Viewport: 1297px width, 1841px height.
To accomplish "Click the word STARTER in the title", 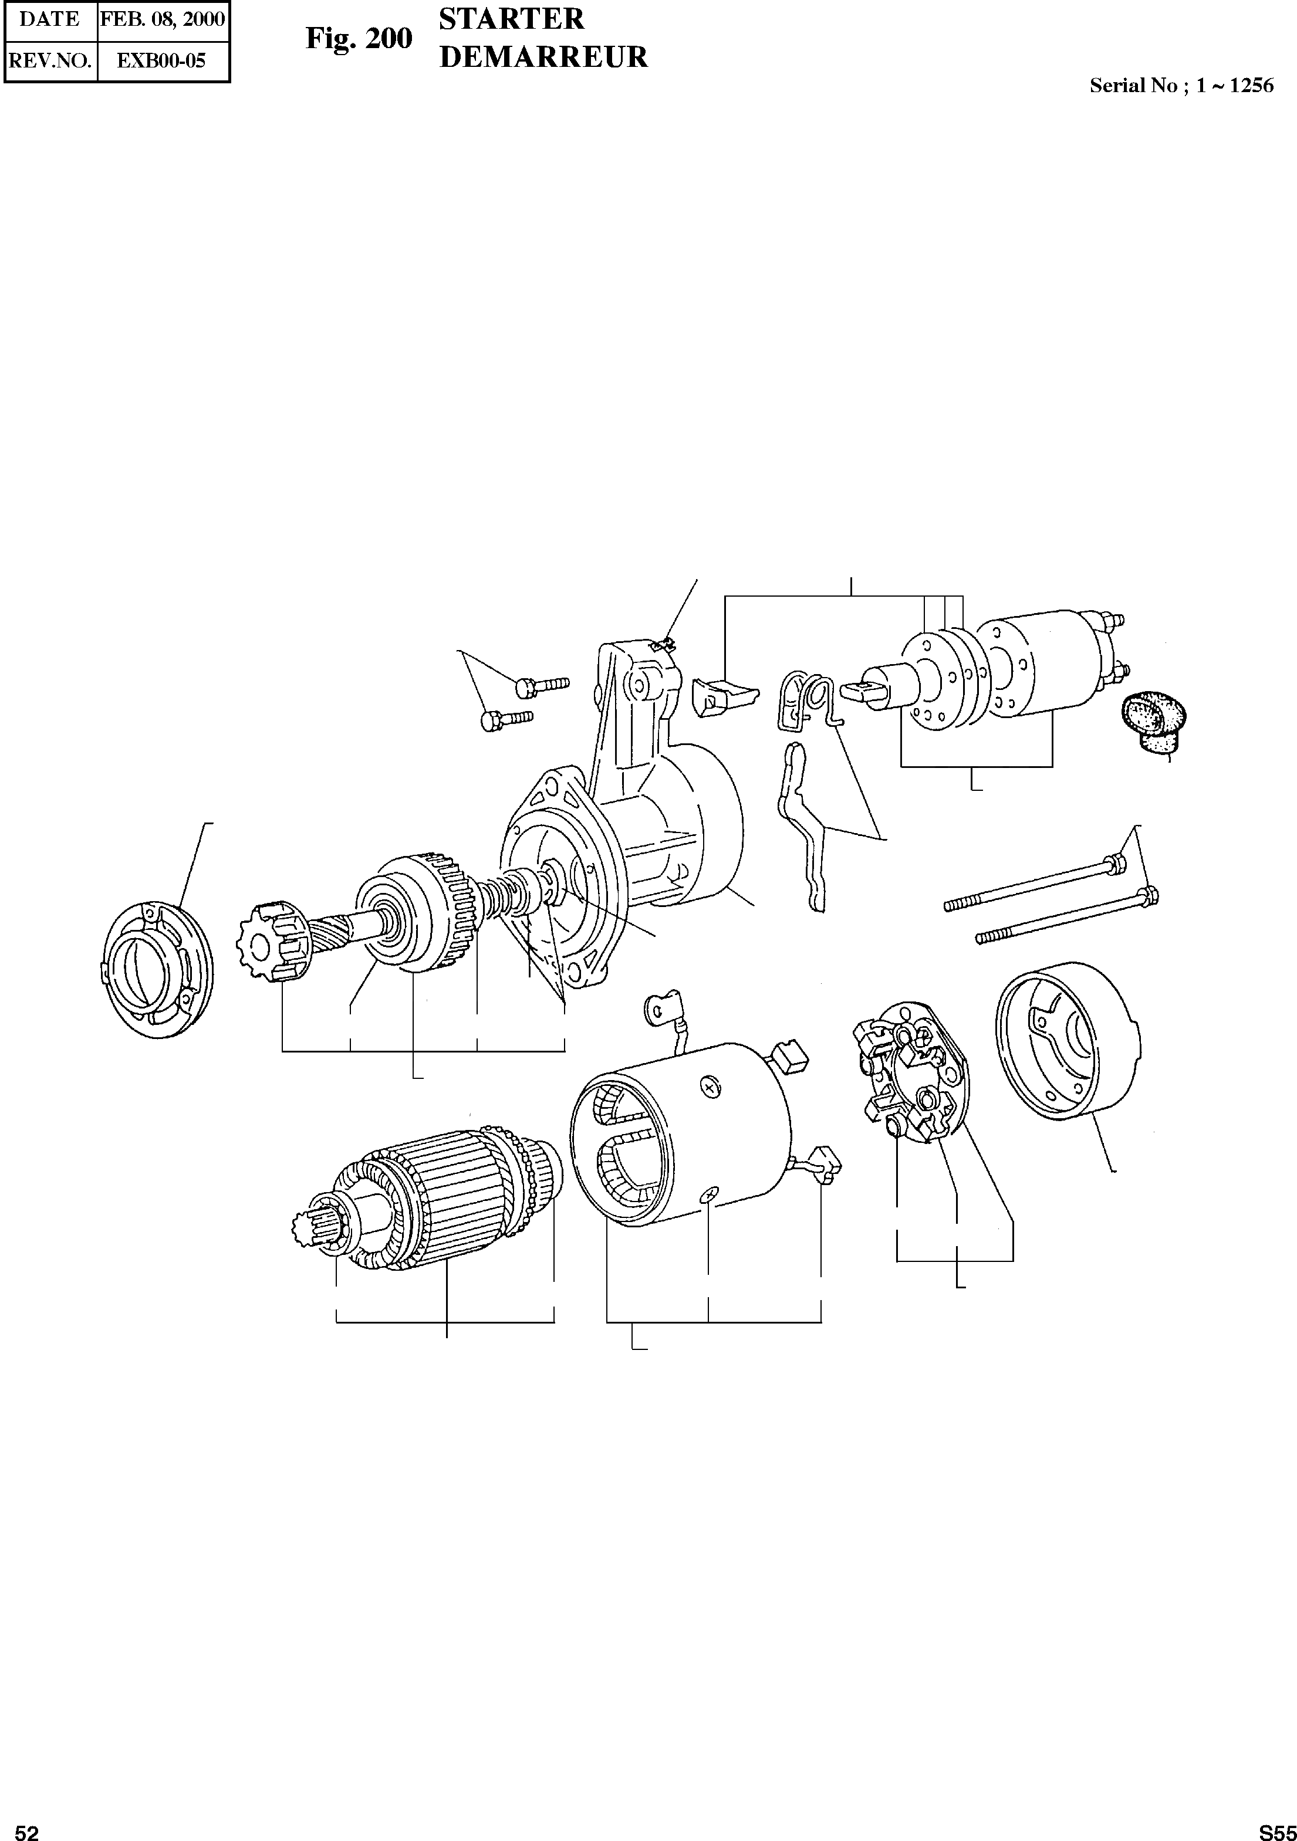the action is coord(512,19).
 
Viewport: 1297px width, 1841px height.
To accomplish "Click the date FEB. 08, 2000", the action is coord(163,19).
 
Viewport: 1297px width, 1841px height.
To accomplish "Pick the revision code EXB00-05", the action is coord(161,61).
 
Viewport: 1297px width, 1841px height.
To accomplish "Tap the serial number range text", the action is coord(1181,86).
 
